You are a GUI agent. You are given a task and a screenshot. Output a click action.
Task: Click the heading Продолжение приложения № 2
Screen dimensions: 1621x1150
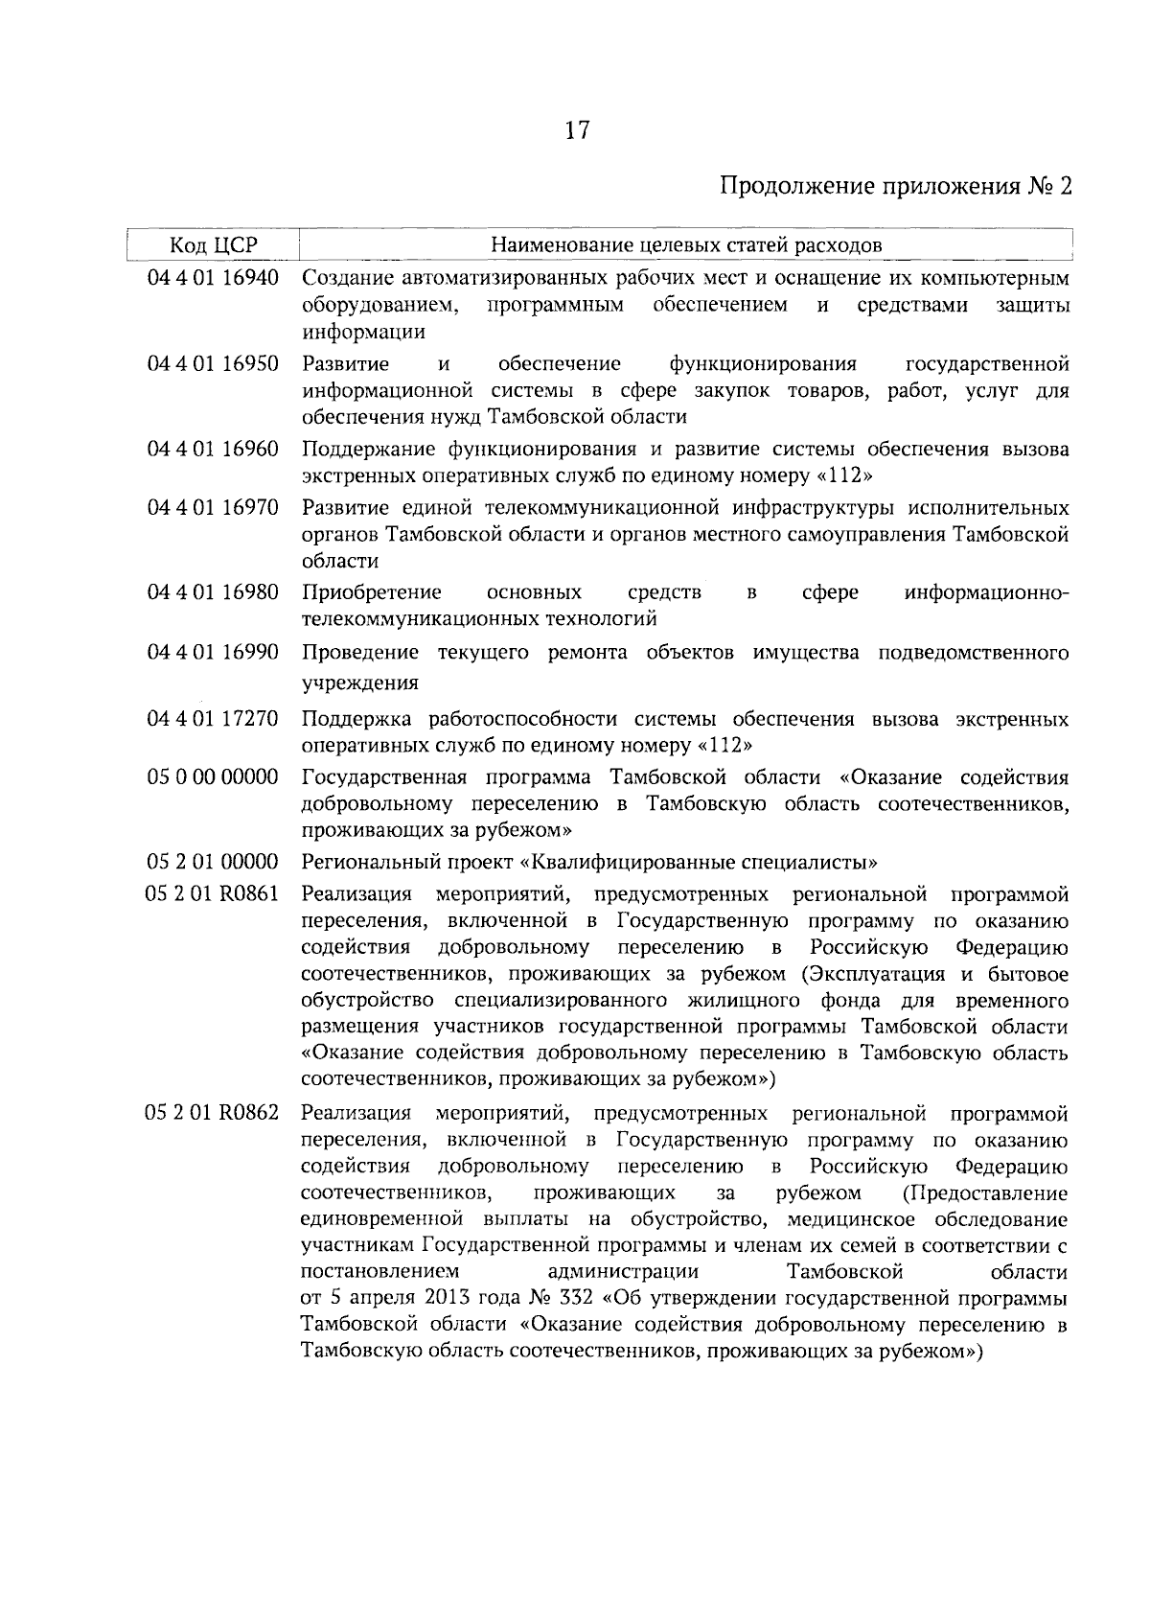[x=895, y=186]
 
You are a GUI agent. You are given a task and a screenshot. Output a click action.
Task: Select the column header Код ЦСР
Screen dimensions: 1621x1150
[x=214, y=245]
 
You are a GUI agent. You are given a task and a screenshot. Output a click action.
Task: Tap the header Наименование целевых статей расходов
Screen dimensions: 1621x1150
[x=686, y=245]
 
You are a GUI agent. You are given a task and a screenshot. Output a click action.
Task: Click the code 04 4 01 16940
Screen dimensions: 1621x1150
[x=213, y=279]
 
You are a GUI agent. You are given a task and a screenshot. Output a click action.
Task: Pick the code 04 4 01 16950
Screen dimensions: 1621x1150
[x=213, y=364]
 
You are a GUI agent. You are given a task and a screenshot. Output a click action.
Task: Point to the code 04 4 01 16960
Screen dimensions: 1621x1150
[x=213, y=450]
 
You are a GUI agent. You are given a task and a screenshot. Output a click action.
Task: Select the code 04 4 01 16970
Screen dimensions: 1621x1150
[x=213, y=507]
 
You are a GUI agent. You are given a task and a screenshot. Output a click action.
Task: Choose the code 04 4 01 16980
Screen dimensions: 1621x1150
[x=213, y=592]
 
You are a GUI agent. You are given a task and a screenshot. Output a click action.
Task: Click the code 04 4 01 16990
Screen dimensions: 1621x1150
[x=213, y=653]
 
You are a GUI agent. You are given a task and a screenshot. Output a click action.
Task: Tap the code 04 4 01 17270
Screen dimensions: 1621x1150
[x=213, y=719]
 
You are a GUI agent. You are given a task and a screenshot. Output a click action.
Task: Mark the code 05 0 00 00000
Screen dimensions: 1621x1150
[x=213, y=776]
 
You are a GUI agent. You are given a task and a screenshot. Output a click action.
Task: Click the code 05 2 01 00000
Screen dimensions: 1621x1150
[x=213, y=862]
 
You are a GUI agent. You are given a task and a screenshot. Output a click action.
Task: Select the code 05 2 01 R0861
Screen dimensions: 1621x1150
[x=213, y=894]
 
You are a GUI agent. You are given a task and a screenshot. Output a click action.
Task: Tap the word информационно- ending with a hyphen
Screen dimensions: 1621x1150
[x=986, y=592]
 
